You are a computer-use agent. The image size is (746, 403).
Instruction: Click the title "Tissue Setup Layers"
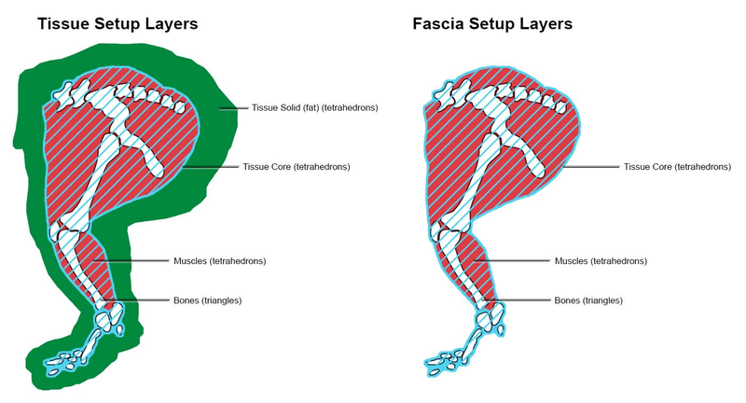coord(117,24)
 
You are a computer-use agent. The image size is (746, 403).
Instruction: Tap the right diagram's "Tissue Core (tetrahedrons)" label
coord(677,167)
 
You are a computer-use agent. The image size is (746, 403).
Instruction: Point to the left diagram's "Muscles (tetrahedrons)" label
coord(219,261)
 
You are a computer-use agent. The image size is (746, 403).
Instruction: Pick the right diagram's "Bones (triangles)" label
coord(587,300)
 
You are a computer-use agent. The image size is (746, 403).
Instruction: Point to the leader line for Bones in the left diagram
coord(149,300)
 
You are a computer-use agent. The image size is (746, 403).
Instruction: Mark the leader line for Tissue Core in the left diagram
coord(210,167)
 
